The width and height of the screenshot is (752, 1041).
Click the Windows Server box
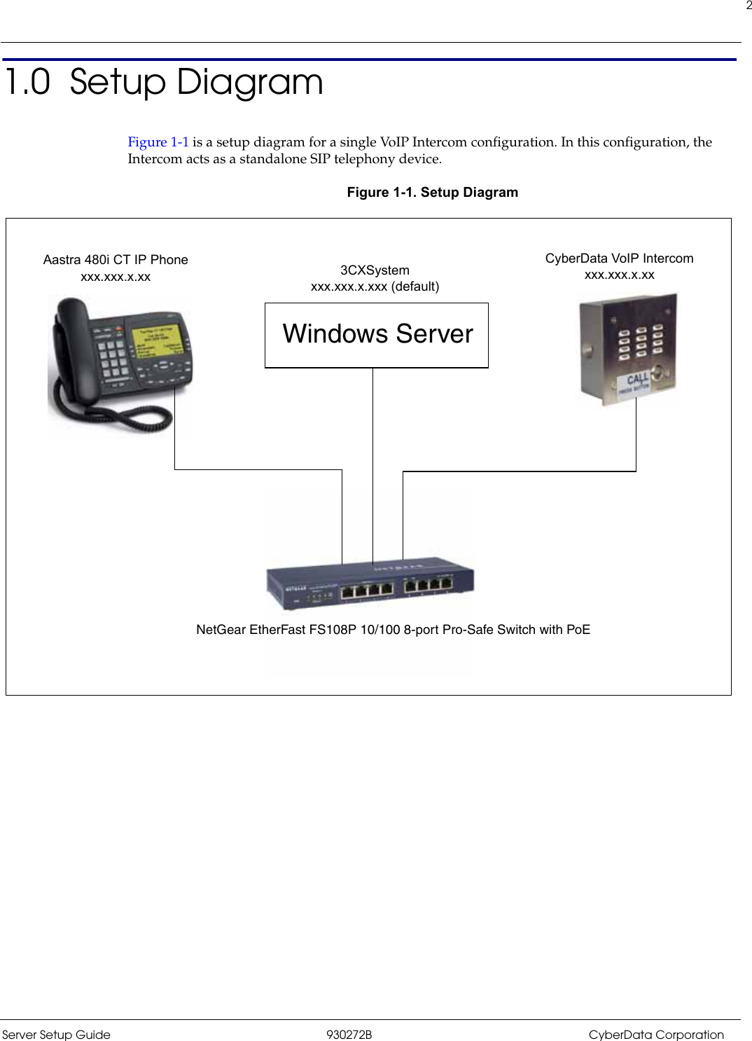pyautogui.click(x=376, y=335)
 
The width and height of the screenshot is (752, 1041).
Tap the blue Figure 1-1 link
pyautogui.click(x=158, y=142)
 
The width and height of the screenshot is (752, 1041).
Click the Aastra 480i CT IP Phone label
pyautogui.click(x=116, y=260)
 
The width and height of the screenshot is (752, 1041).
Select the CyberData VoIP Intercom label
pyautogui.click(x=619, y=258)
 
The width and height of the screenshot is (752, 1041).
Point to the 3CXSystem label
pyautogui.click(x=375, y=270)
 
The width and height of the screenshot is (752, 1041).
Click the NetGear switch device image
pyautogui.click(x=370, y=585)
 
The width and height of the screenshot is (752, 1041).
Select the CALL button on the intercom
pyautogui.click(x=636, y=382)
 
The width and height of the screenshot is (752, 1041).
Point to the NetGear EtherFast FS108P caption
pyautogui.click(x=393, y=630)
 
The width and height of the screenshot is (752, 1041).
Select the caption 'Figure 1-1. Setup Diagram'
pyautogui.click(x=432, y=193)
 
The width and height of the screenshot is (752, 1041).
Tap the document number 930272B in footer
pyautogui.click(x=349, y=1035)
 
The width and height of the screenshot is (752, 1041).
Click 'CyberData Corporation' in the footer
pyautogui.click(x=655, y=1035)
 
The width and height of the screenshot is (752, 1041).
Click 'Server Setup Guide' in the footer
pyautogui.click(x=56, y=1035)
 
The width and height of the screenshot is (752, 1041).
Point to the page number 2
pyautogui.click(x=748, y=6)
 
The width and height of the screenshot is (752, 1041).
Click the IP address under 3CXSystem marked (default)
pyautogui.click(x=375, y=287)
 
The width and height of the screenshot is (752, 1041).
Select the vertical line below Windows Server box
pyautogui.click(x=372, y=462)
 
